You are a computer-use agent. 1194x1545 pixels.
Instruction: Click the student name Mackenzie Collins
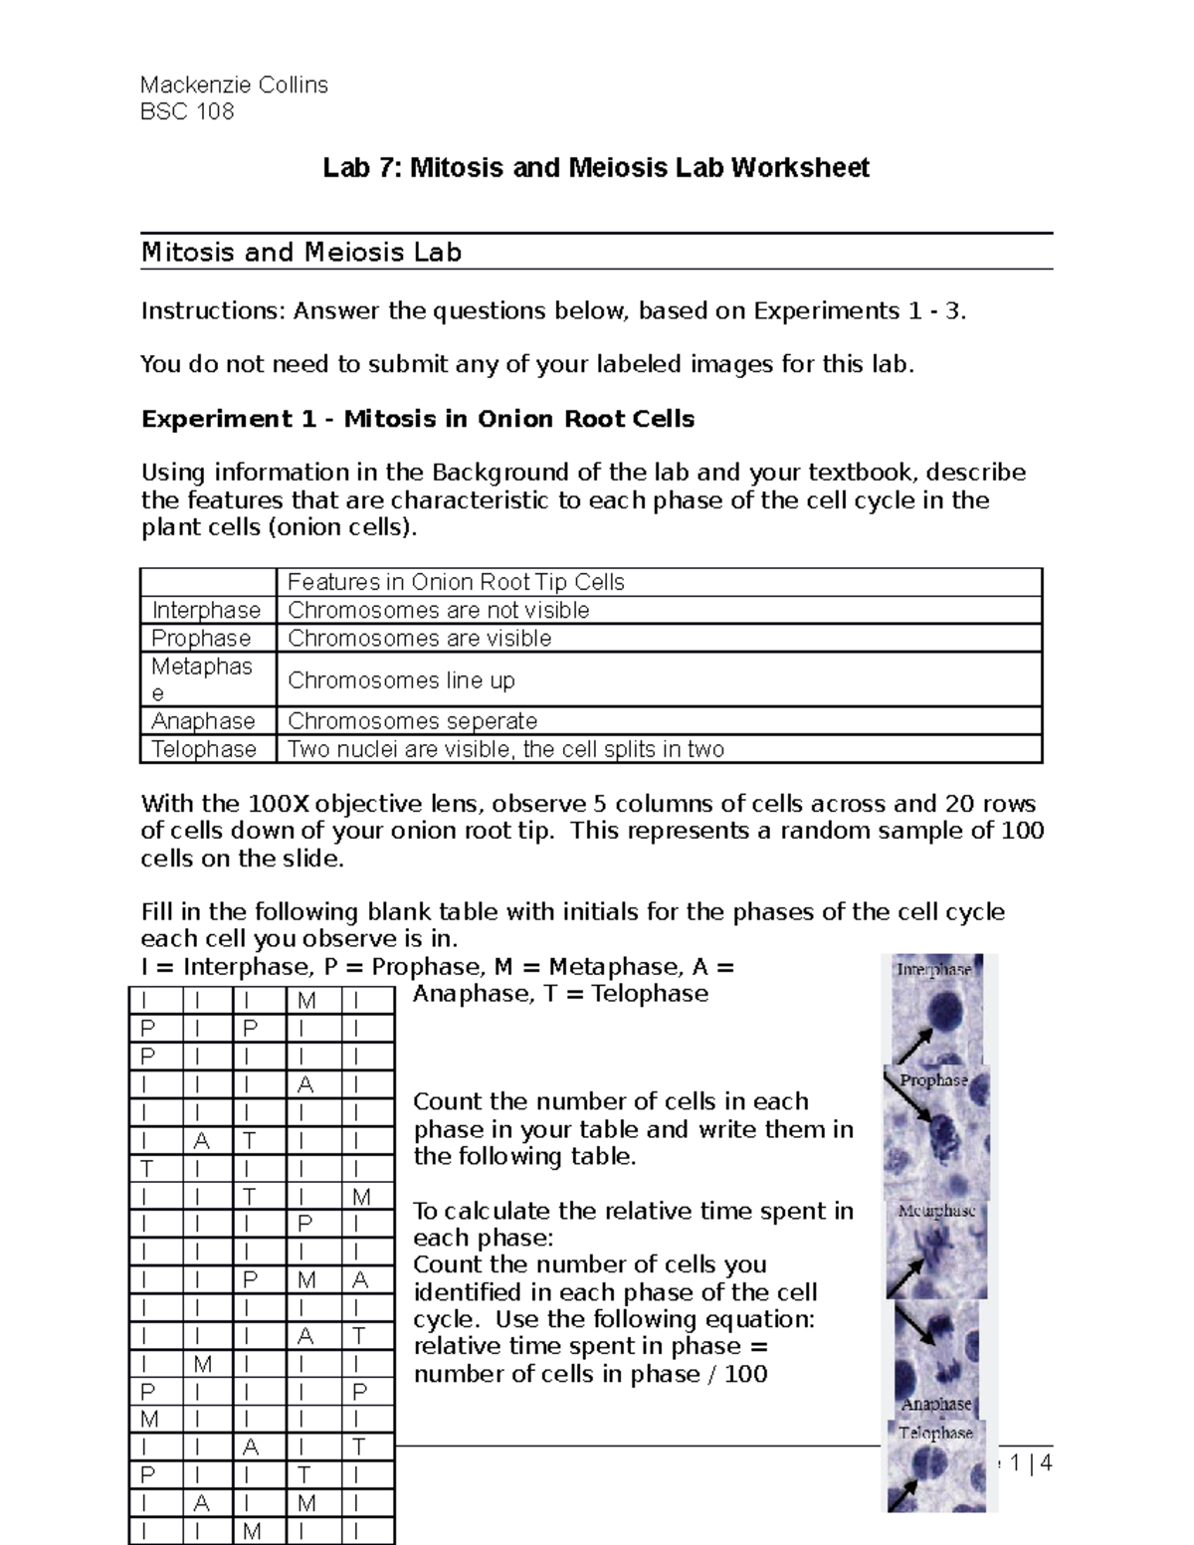(234, 85)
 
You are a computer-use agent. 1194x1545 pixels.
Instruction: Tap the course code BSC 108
(187, 111)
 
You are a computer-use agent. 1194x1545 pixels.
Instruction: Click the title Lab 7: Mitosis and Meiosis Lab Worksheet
(596, 167)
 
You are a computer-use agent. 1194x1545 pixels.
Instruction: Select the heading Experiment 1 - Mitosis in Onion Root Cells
(418, 419)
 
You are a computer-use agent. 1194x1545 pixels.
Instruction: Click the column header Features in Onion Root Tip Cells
(456, 582)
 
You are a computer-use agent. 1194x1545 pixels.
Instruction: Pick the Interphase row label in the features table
(206, 610)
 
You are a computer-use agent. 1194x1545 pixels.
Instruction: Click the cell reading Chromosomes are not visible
(438, 610)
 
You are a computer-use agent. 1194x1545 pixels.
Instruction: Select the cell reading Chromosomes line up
(401, 680)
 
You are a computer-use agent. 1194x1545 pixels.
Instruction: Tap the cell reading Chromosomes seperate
(412, 720)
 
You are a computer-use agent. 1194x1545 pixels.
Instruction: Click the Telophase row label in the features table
(204, 749)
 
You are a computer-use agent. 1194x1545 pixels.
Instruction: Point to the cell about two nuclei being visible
(505, 749)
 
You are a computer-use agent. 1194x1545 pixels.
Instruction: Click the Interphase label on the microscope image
(933, 969)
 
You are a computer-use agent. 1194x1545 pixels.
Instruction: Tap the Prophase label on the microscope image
(933, 1080)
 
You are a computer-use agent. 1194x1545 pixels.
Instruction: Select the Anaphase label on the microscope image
(935, 1404)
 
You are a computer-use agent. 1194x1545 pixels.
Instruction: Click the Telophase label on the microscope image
(935, 1433)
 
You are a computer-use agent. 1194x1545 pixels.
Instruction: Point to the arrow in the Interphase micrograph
(913, 1045)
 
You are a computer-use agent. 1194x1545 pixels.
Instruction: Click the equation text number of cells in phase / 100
(590, 1374)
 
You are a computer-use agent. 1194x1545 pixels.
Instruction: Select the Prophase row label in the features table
(201, 638)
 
